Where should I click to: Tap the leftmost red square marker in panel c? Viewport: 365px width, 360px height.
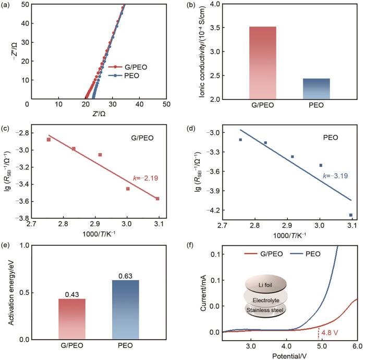tap(48, 140)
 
